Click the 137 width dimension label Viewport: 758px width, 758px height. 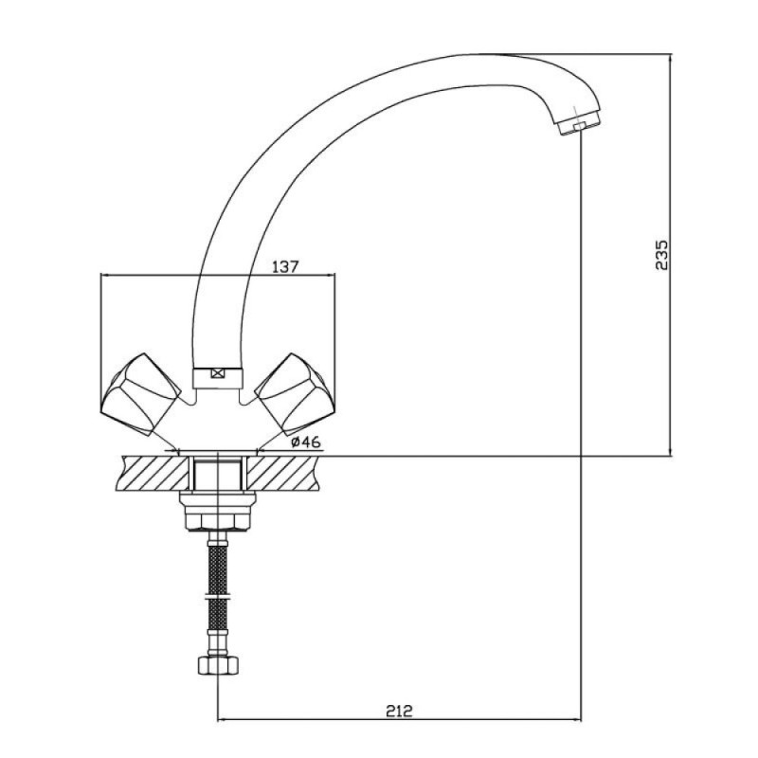(286, 266)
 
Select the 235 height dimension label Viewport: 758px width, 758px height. (661, 254)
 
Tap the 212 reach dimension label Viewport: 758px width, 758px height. (399, 711)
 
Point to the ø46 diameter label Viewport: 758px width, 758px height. (306, 442)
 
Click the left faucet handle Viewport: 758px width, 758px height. (140, 394)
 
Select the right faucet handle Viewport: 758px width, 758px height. (296, 394)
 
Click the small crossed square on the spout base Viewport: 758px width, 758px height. (218, 373)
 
